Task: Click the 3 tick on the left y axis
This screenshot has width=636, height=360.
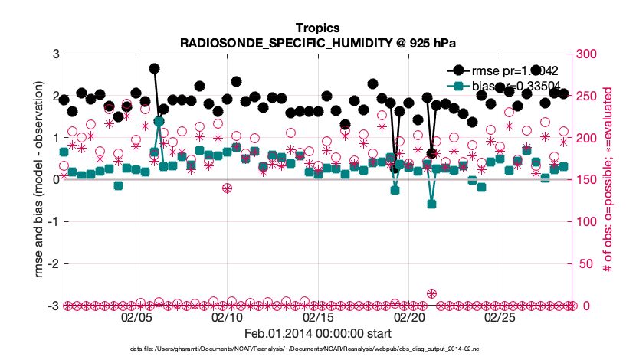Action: (55, 54)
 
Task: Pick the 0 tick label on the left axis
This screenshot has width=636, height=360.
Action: (55, 180)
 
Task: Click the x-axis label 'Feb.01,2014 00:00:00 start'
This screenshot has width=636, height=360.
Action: (318, 334)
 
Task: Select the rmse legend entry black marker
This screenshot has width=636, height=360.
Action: (459, 70)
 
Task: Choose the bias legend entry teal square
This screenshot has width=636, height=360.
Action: (459, 86)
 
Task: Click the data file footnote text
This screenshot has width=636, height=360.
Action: (318, 349)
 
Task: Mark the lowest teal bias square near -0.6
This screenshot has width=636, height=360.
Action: (431, 204)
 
